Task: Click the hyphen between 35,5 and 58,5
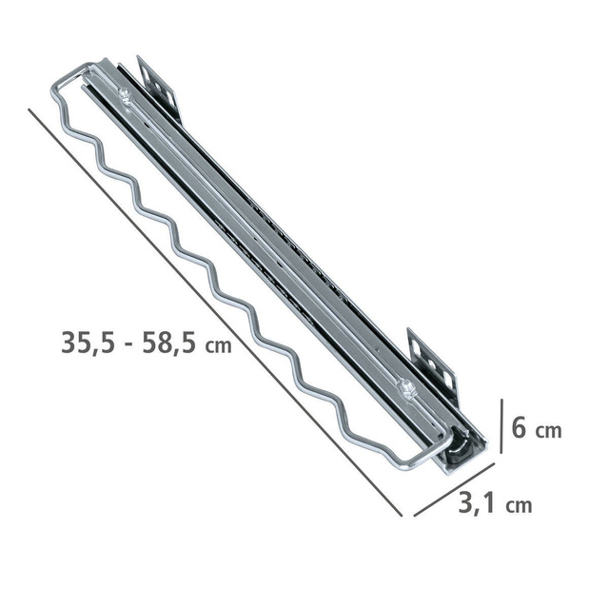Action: point(125,344)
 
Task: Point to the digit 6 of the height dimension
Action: point(520,427)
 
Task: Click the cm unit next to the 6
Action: point(549,430)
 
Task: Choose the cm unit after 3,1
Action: point(519,505)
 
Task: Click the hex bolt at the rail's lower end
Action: point(407,385)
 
